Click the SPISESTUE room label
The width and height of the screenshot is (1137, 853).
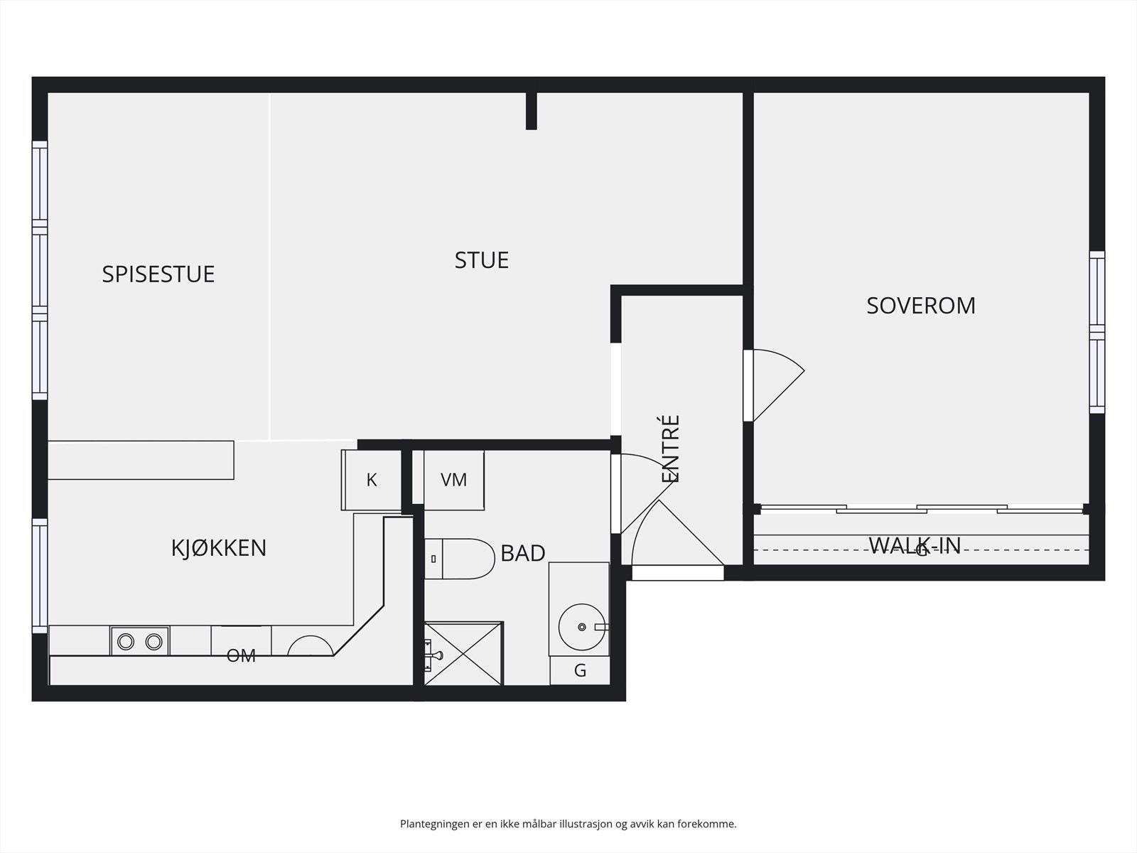[158, 274]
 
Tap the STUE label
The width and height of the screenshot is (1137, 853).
[481, 260]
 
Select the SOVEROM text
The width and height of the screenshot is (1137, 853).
[920, 305]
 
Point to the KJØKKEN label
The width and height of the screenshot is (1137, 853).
[219, 548]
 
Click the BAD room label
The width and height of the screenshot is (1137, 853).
[522, 553]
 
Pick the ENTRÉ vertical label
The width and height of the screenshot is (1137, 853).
[671, 449]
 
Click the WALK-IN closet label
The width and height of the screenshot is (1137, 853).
[915, 545]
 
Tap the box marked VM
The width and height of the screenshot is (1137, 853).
[453, 480]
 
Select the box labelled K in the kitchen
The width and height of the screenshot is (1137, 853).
[371, 480]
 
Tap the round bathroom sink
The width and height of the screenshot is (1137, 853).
[581, 627]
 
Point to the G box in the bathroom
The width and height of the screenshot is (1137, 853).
[580, 670]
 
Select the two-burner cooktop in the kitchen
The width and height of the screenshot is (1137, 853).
[139, 641]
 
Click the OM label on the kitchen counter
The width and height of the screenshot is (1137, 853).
[241, 655]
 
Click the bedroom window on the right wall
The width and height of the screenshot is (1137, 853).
[1097, 332]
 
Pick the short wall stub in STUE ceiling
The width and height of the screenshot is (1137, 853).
[531, 111]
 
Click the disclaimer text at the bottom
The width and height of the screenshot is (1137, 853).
[568, 825]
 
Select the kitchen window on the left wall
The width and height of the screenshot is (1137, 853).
[40, 576]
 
